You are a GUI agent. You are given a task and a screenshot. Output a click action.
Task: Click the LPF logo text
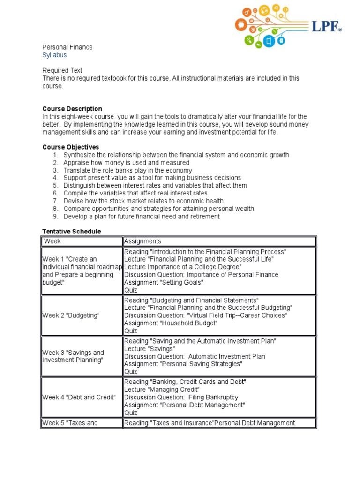[x=324, y=27]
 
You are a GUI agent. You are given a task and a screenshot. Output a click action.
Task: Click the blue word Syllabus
[x=54, y=55]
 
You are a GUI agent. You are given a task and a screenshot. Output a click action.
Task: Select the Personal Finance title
[x=67, y=47]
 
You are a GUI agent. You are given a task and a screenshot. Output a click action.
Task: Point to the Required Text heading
[x=62, y=70]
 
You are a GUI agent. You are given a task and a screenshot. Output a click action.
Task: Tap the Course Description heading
[x=72, y=109]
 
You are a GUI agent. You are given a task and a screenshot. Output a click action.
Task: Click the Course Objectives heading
[x=71, y=147]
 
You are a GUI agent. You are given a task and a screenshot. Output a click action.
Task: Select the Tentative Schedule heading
[x=72, y=232]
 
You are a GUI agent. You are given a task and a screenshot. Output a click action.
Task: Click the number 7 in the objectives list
[x=55, y=201]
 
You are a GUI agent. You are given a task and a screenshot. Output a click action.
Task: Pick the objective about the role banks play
[x=127, y=170]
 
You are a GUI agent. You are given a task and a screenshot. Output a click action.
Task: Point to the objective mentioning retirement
[x=141, y=216]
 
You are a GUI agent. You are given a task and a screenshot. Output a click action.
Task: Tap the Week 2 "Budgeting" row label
[x=71, y=315]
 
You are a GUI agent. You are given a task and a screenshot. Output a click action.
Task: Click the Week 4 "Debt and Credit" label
[x=79, y=397]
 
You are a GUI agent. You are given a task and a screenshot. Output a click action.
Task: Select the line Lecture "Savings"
[x=150, y=349]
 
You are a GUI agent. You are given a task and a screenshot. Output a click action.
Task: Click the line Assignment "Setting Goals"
[x=164, y=282]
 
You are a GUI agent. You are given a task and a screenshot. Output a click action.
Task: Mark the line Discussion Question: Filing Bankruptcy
[x=181, y=397]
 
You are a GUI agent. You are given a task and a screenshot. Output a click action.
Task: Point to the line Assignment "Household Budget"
[x=171, y=323]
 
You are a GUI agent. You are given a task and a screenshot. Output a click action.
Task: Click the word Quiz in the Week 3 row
[x=131, y=372]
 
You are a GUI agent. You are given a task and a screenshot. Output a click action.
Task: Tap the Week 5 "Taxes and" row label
[x=70, y=423]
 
